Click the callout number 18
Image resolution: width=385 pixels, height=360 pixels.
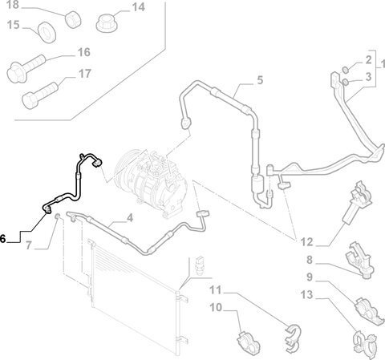(x=12, y=4)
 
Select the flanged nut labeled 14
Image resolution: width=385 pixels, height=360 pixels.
(x=107, y=23)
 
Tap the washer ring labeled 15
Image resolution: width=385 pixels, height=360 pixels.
(x=47, y=33)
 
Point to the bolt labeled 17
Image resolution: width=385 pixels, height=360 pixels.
(x=39, y=95)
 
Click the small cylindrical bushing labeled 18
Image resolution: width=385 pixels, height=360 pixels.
(x=73, y=18)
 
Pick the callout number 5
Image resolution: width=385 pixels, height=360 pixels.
(x=260, y=79)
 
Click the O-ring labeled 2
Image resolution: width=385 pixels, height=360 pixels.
(x=346, y=70)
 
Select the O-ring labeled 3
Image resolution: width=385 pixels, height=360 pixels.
(x=345, y=82)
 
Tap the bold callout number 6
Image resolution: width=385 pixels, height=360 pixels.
(x=2, y=239)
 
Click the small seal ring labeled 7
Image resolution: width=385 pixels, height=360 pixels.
(x=57, y=216)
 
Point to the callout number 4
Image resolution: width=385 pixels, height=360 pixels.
(x=130, y=218)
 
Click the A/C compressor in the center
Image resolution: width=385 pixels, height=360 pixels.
(x=151, y=183)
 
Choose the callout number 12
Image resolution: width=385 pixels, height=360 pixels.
(x=306, y=242)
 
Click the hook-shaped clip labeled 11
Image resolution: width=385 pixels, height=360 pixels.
(x=292, y=338)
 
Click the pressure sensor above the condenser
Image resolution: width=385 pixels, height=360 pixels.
(x=199, y=265)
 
